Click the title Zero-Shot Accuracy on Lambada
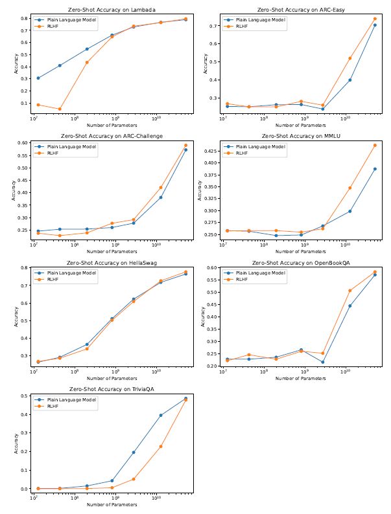(x=112, y=10)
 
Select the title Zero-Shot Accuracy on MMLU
(x=302, y=137)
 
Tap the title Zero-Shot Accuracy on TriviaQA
(x=112, y=389)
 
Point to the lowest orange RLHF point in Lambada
(x=60, y=109)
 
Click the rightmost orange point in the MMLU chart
(x=375, y=145)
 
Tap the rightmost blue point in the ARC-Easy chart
(x=375, y=25)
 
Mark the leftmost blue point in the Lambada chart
(x=38, y=78)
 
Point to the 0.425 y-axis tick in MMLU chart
(x=213, y=151)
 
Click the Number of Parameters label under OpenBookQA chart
(x=302, y=378)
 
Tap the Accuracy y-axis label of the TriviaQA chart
(x=16, y=441)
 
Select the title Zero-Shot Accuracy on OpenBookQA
(x=302, y=263)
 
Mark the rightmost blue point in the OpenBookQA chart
(x=375, y=274)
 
